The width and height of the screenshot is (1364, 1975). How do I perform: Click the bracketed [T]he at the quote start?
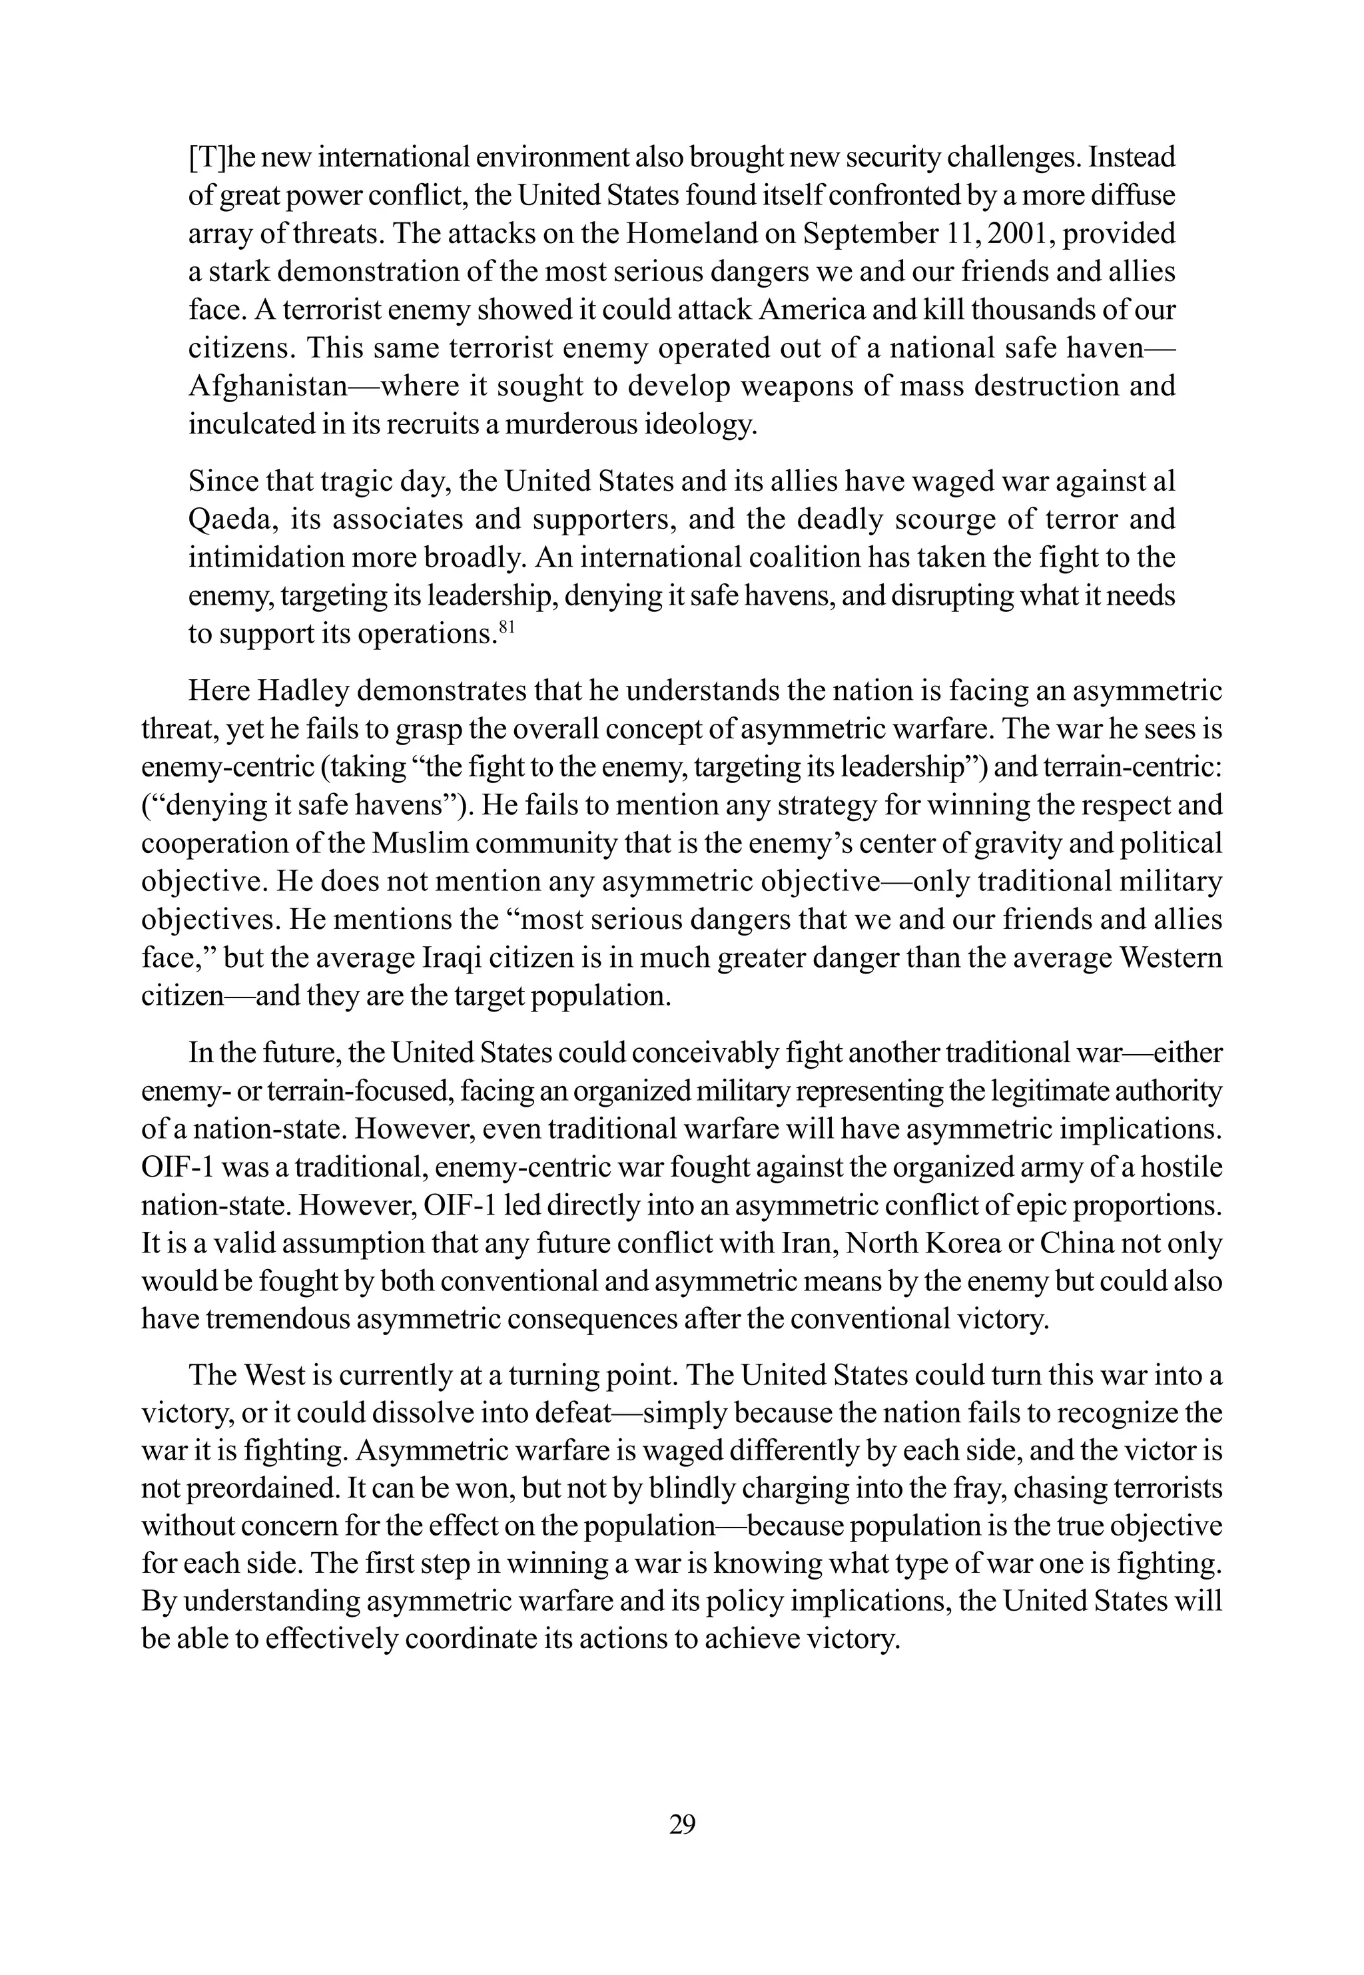pyautogui.click(x=224, y=158)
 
